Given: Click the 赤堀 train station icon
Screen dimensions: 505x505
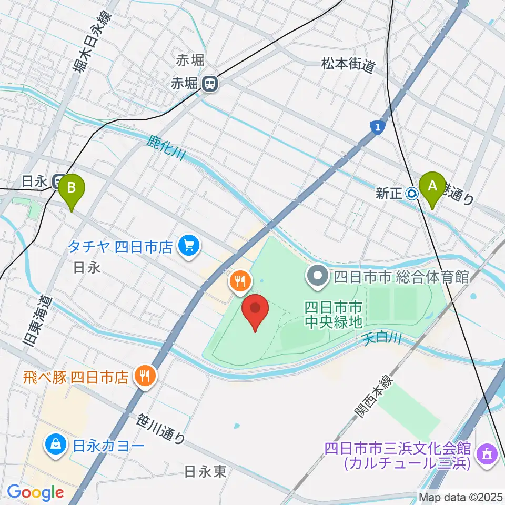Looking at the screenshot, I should click(x=210, y=83).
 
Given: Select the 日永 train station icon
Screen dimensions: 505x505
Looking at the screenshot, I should click(x=58, y=181).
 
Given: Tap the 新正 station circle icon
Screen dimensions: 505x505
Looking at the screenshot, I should click(x=412, y=194).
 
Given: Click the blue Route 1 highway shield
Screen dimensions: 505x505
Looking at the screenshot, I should click(x=376, y=127).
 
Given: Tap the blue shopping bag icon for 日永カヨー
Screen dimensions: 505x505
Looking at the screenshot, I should click(x=55, y=446).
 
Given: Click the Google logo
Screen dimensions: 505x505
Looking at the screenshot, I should click(x=35, y=492).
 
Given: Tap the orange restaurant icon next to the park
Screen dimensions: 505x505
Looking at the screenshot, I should click(x=240, y=280).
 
